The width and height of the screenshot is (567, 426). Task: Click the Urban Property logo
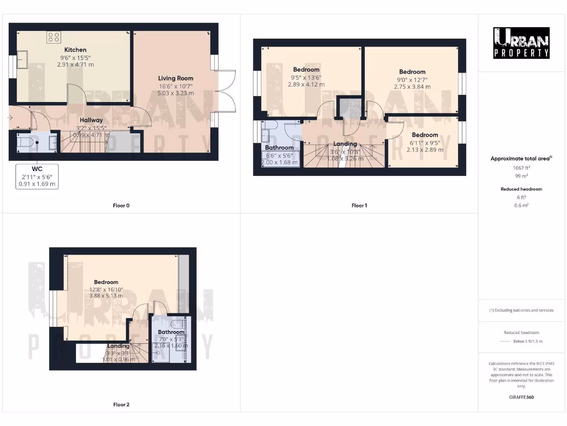click(x=522, y=43)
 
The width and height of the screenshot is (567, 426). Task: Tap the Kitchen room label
click(x=75, y=49)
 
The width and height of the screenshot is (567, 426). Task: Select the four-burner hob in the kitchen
click(x=54, y=37)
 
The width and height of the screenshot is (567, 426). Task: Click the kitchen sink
click(x=23, y=59)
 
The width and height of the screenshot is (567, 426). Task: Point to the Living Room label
click(x=176, y=78)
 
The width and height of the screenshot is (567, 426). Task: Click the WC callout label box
click(x=38, y=176)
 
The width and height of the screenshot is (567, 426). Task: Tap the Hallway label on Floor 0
click(x=91, y=120)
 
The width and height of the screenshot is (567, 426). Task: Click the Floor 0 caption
click(x=121, y=206)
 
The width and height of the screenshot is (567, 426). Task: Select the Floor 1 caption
click(x=359, y=206)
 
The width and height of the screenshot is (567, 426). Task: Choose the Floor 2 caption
click(x=121, y=404)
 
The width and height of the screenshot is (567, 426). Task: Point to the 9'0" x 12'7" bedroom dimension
click(x=413, y=79)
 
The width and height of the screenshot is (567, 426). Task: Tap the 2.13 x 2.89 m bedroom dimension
click(x=425, y=150)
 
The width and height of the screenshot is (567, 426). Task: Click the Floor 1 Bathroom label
click(x=279, y=148)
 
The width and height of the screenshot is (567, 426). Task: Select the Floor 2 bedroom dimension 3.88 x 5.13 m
click(x=106, y=296)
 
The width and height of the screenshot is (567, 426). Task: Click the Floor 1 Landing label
click(x=345, y=144)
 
